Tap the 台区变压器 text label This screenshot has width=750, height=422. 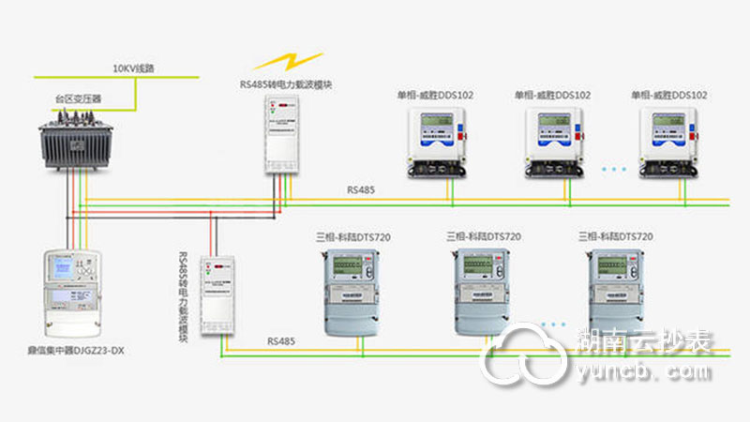click(76, 98)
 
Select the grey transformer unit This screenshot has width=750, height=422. click(77, 142)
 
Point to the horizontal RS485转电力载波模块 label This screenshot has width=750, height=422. click(286, 84)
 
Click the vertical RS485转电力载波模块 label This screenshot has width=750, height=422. click(183, 298)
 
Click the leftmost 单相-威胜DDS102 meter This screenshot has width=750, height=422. click(437, 142)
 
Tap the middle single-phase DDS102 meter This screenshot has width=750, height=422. click(552, 142)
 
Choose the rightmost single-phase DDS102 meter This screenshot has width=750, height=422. click(669, 142)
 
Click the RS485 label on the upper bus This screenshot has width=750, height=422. click(361, 190)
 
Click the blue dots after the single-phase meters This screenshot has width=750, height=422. click(614, 170)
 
